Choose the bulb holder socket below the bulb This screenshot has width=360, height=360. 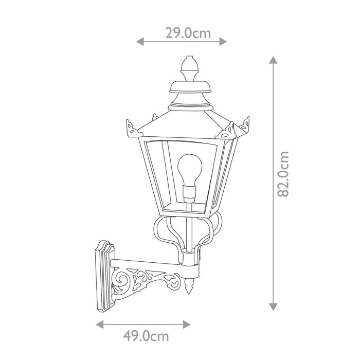189,193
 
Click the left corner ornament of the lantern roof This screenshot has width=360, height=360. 131,128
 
